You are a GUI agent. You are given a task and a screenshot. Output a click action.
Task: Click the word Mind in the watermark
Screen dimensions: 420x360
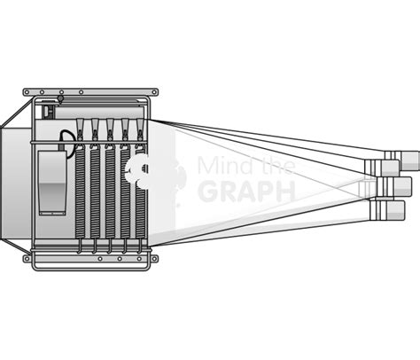click(224, 165)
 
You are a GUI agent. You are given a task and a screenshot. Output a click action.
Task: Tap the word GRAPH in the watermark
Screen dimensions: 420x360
click(247, 192)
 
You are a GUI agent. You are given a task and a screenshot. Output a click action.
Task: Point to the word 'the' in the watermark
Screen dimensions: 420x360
click(276, 165)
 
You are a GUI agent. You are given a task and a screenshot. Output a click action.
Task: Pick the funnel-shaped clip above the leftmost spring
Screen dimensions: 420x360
click(80, 127)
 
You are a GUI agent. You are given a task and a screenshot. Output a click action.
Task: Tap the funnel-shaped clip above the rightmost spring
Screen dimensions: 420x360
click(140, 127)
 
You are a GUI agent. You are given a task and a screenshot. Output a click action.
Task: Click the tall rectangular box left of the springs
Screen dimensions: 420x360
click(52, 183)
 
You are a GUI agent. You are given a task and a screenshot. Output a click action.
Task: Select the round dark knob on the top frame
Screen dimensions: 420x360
click(60, 98)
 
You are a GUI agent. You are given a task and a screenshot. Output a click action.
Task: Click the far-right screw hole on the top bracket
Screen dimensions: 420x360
click(154, 92)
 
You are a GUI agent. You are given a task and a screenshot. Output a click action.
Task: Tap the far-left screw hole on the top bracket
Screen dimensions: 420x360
click(27, 92)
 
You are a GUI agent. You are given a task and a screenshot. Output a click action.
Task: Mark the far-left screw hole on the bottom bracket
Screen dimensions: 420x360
click(27, 259)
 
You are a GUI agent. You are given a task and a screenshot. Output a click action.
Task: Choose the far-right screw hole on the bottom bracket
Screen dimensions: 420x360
click(154, 259)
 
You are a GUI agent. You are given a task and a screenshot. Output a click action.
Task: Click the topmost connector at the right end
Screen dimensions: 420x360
click(402, 160)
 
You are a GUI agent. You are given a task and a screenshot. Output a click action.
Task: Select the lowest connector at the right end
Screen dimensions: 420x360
click(387, 210)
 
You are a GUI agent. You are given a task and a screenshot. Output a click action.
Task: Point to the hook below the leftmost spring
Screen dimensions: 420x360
click(80, 247)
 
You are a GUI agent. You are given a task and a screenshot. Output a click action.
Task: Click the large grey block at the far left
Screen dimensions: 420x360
click(16, 184)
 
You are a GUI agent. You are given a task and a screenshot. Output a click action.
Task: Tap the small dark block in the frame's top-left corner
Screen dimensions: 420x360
click(47, 112)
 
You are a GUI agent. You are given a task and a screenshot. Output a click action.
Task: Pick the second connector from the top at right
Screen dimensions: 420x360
click(382, 168)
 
